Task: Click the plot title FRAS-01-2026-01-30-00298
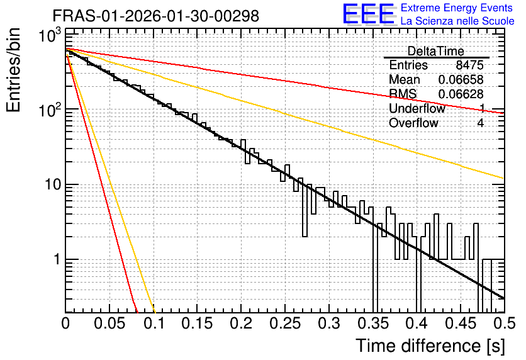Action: pyautogui.click(x=156, y=16)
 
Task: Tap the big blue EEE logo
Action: pyautogui.click(x=369, y=14)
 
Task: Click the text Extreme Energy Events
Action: pyautogui.click(x=457, y=8)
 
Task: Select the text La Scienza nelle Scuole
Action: pyautogui.click(x=457, y=21)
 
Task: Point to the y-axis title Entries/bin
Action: pyautogui.click(x=14, y=70)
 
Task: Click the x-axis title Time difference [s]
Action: pyautogui.click(x=430, y=346)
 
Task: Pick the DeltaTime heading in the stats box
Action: pyautogui.click(x=436, y=52)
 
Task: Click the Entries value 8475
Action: pyautogui.click(x=469, y=65)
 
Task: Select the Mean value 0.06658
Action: pyautogui.click(x=461, y=79)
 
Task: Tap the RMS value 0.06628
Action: pyautogui.click(x=461, y=94)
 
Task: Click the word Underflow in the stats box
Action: pyautogui.click(x=417, y=108)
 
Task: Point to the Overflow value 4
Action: pyautogui.click(x=480, y=123)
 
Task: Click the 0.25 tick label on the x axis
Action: pyautogui.click(x=285, y=323)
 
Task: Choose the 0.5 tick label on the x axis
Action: pyautogui.click(x=505, y=323)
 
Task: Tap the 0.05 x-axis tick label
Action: pyautogui.click(x=109, y=323)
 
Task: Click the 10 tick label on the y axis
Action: pyautogui.click(x=53, y=184)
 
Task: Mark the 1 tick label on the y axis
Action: pyautogui.click(x=57, y=259)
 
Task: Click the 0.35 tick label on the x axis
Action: pyautogui.click(x=373, y=323)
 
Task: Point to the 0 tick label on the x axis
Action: pyautogui.click(x=65, y=323)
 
